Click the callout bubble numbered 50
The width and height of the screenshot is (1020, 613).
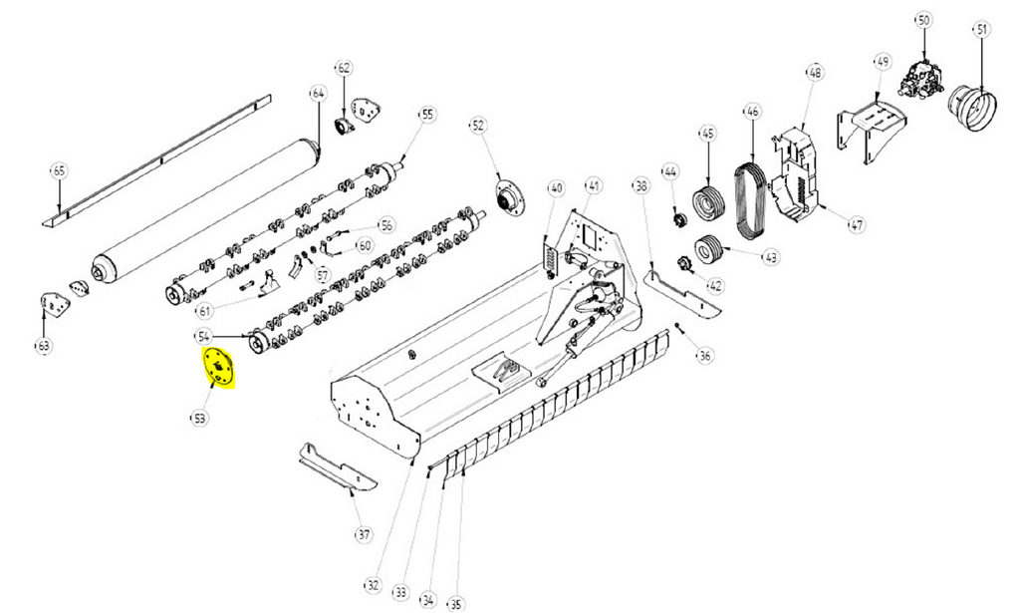[x=922, y=21]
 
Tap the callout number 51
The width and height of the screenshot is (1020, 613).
[x=982, y=30]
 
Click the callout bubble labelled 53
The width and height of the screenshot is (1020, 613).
[x=200, y=419]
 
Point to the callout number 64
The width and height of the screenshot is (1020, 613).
[x=318, y=93]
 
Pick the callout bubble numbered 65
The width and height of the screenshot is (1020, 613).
[x=59, y=171]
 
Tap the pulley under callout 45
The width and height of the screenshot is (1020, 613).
[x=709, y=203]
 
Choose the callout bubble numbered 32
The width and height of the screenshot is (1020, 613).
[x=374, y=584]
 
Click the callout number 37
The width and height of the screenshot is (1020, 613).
[x=363, y=535]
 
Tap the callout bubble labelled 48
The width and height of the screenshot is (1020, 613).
[x=815, y=73]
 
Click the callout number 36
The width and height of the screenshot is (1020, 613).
[x=705, y=355]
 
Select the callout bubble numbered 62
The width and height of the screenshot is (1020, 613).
[x=344, y=69]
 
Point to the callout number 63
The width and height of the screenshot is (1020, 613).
[x=43, y=346]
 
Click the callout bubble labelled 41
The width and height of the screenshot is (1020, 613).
[x=594, y=185]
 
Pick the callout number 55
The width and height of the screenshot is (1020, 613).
[x=427, y=115]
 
